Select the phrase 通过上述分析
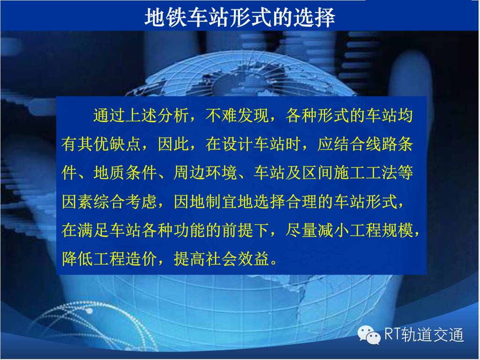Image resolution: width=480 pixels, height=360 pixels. click(141, 116)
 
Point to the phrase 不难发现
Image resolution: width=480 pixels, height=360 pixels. click(237, 116)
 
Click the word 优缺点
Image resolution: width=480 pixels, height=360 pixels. click(117, 144)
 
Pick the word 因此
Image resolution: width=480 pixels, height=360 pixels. click(173, 144)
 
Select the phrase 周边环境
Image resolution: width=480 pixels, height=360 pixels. click(205, 173)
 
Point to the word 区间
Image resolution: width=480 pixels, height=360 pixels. click(317, 173)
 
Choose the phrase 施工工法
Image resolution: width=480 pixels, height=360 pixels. click(365, 173)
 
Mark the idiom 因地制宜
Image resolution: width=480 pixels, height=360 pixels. click(205, 202)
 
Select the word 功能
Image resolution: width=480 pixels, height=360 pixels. click(189, 230)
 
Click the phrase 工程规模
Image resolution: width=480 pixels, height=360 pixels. click(381, 230)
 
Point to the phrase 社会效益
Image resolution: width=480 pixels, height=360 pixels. click(237, 259)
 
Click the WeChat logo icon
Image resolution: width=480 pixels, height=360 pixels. click(369, 334)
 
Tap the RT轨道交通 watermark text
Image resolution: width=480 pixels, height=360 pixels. click(424, 334)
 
